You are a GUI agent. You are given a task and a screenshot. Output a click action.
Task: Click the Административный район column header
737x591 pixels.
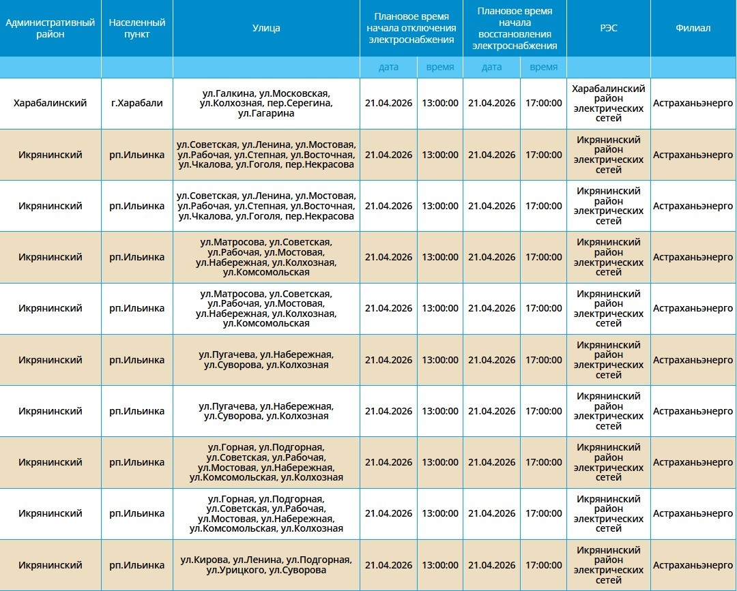(x=50, y=29)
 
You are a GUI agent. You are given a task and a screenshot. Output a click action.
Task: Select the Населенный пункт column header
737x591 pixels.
(x=137, y=29)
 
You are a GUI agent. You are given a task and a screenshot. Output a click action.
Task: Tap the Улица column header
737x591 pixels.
(x=266, y=29)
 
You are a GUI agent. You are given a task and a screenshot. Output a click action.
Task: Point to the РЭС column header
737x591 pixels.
(x=608, y=29)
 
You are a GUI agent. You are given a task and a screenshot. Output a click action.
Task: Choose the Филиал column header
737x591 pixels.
(x=693, y=29)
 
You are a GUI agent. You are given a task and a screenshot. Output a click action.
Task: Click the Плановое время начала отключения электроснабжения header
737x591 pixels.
(x=411, y=29)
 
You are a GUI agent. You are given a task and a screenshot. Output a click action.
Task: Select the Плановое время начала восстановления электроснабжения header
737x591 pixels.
(x=515, y=29)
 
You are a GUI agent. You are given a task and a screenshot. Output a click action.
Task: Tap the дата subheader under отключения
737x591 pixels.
(x=389, y=67)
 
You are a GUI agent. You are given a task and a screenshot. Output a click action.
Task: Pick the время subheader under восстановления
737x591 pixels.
(x=543, y=67)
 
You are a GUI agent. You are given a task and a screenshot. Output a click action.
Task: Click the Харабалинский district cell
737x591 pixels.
(x=50, y=104)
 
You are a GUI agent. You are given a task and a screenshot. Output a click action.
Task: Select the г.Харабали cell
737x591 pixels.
(x=137, y=104)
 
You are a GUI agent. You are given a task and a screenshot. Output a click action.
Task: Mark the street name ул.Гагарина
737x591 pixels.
(x=266, y=114)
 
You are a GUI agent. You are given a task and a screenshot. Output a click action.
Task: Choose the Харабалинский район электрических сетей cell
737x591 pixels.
(x=608, y=104)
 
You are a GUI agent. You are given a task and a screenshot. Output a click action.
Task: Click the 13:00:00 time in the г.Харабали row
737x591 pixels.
(x=440, y=104)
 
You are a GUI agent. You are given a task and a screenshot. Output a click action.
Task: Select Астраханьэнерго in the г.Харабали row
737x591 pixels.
(x=693, y=104)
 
